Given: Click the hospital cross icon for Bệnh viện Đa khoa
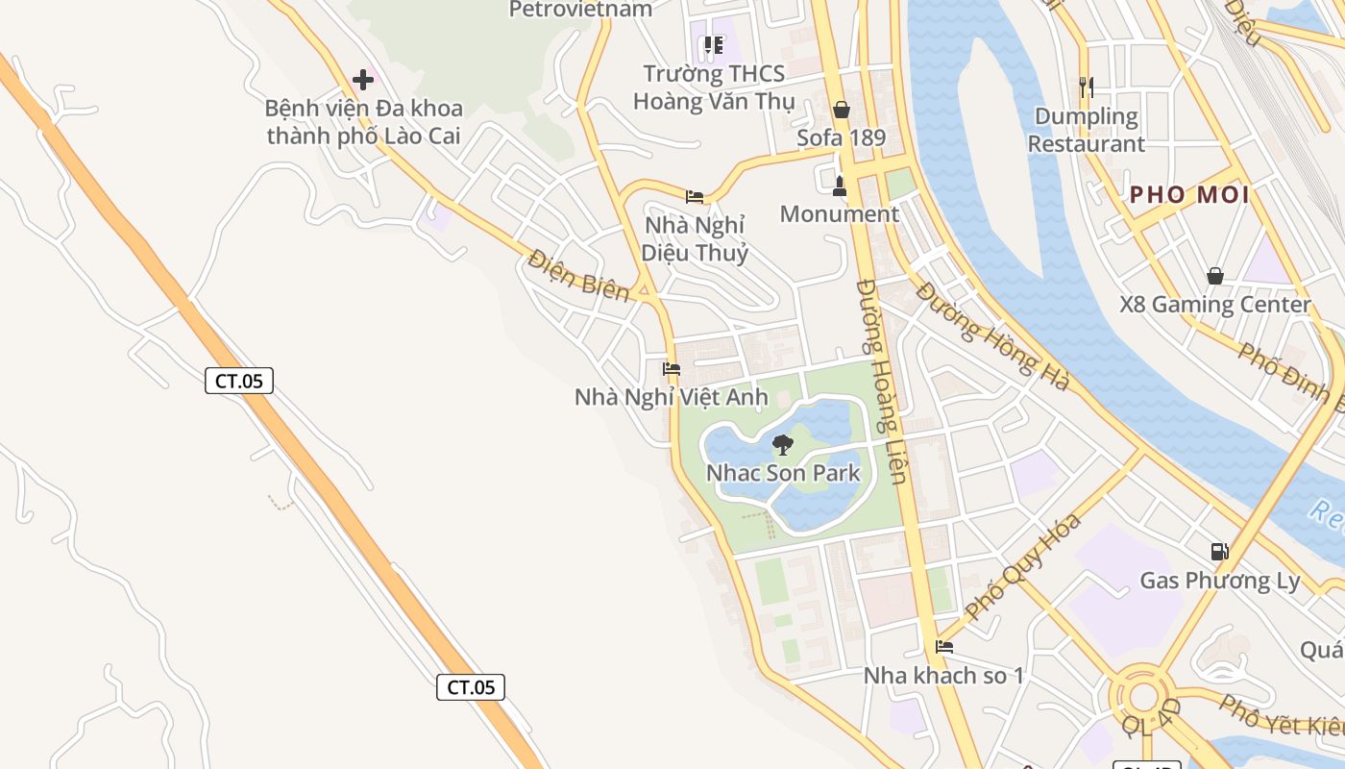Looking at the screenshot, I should click(363, 79).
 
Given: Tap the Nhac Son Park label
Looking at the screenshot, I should click(783, 473).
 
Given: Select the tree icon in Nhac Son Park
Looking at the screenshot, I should click(783, 444).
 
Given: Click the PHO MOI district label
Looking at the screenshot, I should click(1189, 195).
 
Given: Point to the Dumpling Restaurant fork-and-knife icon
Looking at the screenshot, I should click(1087, 87).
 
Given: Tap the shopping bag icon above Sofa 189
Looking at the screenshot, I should click(842, 110).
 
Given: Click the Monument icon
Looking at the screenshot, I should click(840, 186).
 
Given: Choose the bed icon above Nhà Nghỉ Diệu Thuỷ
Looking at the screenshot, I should click(695, 197).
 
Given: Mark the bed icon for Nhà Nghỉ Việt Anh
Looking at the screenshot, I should click(672, 368).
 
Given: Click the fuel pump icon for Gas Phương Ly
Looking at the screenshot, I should click(1219, 552).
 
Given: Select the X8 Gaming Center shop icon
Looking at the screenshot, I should click(1215, 277).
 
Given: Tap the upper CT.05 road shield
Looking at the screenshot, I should click(239, 381).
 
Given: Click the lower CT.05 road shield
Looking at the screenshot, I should click(471, 686).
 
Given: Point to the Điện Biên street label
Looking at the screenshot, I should click(578, 277).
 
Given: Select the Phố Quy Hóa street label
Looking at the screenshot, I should click(1023, 567).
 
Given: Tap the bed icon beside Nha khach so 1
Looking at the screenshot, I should click(944, 647).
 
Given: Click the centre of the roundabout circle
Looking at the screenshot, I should click(1143, 697).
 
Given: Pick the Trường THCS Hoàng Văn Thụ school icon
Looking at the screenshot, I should click(713, 45).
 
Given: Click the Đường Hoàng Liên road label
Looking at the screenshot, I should click(883, 382).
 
